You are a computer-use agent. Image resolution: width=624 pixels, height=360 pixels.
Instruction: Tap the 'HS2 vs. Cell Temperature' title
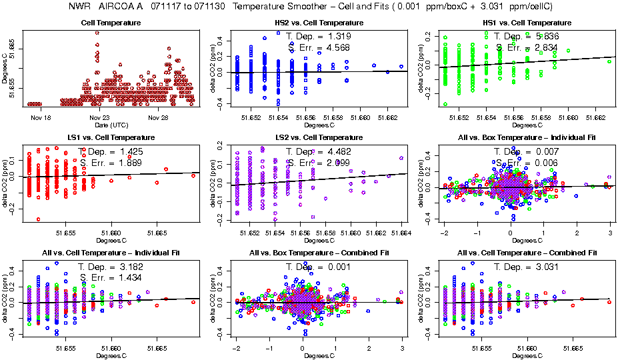[319, 23]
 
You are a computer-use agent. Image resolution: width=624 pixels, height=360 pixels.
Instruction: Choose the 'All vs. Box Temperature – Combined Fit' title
[319, 253]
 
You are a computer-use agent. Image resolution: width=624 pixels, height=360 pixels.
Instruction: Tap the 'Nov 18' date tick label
[41, 118]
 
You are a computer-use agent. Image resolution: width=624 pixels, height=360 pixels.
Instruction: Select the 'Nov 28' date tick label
[158, 118]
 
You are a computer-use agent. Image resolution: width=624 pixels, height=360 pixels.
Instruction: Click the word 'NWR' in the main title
[80, 7]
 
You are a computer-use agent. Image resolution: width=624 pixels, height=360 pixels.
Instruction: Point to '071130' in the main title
[201, 7]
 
